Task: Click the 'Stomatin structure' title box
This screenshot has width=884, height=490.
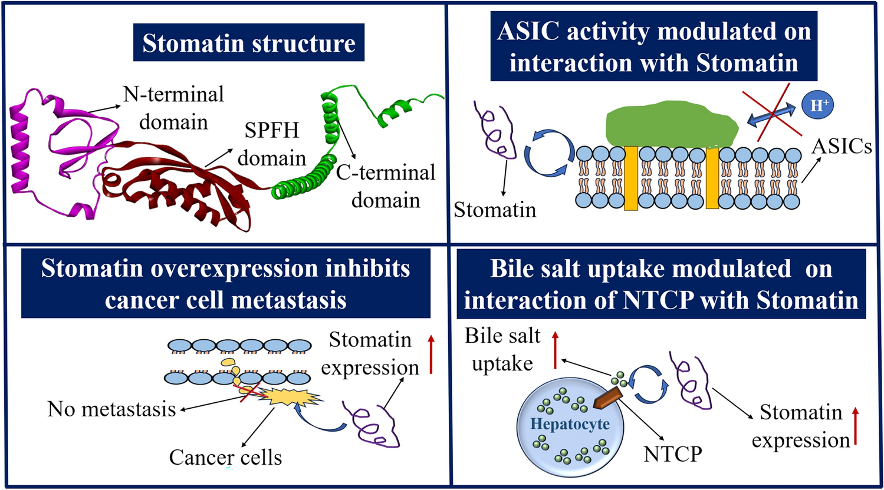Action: pyautogui.click(x=249, y=43)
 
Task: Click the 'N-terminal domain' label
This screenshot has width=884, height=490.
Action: pyautogui.click(x=173, y=108)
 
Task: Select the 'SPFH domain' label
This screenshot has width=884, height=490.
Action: pyautogui.click(x=272, y=144)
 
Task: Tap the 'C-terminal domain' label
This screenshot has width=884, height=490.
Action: pyautogui.click(x=386, y=186)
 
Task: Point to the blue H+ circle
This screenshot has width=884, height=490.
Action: pyautogui.click(x=817, y=106)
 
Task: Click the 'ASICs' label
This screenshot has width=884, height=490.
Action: pyautogui.click(x=842, y=145)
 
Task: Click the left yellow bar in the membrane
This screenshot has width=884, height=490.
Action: pyautogui.click(x=631, y=178)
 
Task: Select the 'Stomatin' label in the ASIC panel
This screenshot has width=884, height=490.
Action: pyautogui.click(x=495, y=210)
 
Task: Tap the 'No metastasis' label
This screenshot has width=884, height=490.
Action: pyautogui.click(x=112, y=409)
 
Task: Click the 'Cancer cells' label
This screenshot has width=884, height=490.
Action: pyautogui.click(x=225, y=457)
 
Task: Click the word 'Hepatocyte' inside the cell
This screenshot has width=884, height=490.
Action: pyautogui.click(x=569, y=424)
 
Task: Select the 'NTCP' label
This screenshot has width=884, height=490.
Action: pyautogui.click(x=673, y=453)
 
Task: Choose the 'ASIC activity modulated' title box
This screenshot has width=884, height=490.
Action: pyautogui.click(x=654, y=47)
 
